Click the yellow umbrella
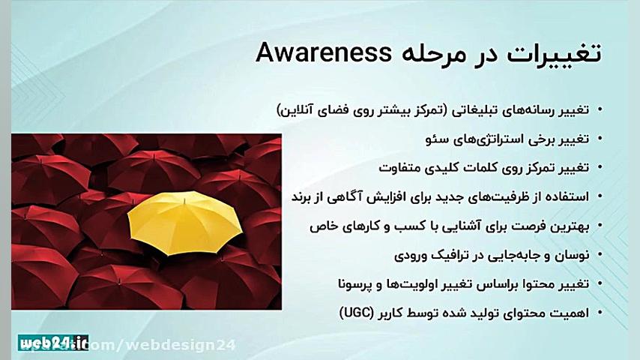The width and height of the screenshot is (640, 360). click(184, 219)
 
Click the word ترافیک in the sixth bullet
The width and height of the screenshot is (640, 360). click(449, 255)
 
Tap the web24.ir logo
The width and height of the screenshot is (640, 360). click(54, 343)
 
